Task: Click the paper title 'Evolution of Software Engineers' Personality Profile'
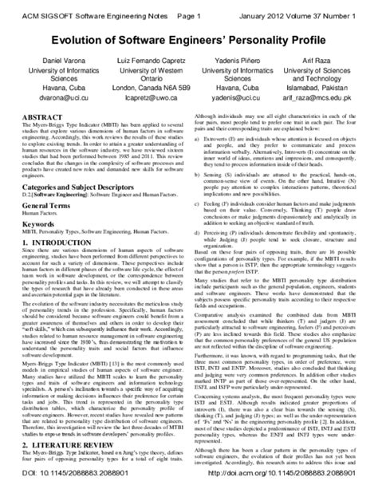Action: pyautogui.click(x=188, y=38)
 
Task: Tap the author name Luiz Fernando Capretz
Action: pyautogui.click(x=143, y=61)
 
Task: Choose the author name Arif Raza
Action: pyautogui.click(x=317, y=61)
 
